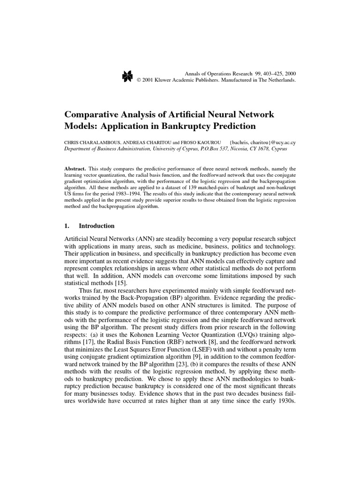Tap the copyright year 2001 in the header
coord(150,80)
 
